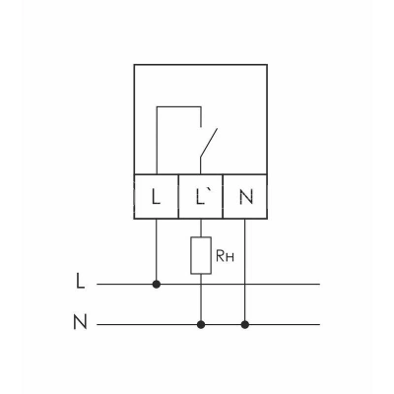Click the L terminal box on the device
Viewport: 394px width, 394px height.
[157, 196]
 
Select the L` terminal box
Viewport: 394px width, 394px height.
[201, 196]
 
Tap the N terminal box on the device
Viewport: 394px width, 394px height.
[245, 196]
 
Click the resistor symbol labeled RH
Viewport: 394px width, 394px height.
[201, 255]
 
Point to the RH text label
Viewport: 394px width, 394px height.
[225, 256]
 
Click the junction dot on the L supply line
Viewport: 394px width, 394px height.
[157, 285]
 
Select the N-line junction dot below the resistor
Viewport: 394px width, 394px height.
[201, 325]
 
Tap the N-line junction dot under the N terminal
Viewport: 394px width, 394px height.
[245, 325]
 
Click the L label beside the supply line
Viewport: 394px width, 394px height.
[80, 281]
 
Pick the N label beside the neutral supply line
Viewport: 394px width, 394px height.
[80, 322]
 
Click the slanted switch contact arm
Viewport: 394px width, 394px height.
[209, 144]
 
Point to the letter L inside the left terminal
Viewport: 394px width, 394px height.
[157, 197]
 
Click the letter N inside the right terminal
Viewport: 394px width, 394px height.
[246, 197]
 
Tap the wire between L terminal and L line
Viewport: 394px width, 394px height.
[157, 249]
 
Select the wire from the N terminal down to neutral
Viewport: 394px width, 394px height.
[245, 270]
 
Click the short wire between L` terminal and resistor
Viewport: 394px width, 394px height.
[201, 228]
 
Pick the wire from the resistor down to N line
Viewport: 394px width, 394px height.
[201, 297]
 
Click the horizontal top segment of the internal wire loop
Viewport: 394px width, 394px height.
[179, 106]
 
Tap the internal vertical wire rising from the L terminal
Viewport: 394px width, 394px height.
[157, 141]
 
